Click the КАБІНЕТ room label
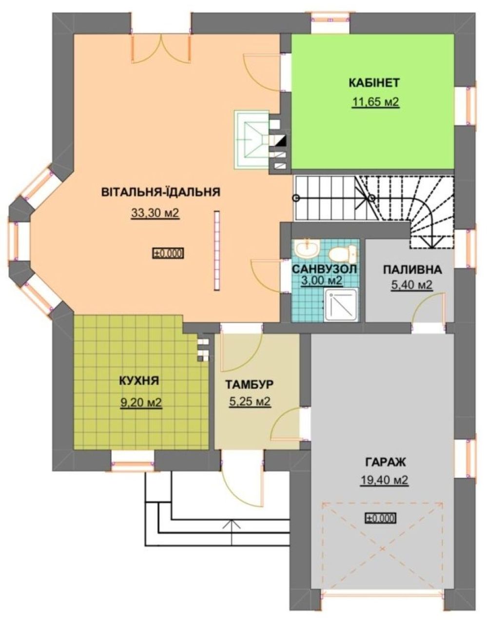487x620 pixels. pyautogui.click(x=374, y=83)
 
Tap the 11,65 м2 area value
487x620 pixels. pyautogui.click(x=375, y=102)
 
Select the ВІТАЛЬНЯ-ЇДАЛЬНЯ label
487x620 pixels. pyautogui.click(x=160, y=192)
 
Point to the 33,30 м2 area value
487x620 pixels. pyautogui.click(x=155, y=213)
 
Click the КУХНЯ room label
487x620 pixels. pyautogui.click(x=139, y=381)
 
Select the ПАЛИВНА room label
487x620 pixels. pyautogui.click(x=412, y=270)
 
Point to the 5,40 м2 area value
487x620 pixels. pyautogui.click(x=411, y=285)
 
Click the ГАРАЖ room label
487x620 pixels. pyautogui.click(x=385, y=462)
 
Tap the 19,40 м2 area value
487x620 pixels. pyautogui.click(x=384, y=480)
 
